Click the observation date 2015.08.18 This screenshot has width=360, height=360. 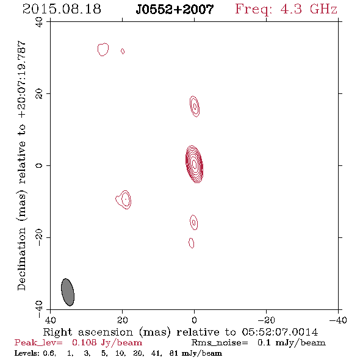pyautogui.click(x=62, y=9)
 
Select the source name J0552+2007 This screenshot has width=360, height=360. pyautogui.click(x=175, y=9)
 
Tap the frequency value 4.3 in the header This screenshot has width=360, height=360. pyautogui.click(x=291, y=9)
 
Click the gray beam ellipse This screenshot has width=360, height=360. pyautogui.click(x=68, y=292)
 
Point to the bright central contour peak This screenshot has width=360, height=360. pyautogui.click(x=194, y=164)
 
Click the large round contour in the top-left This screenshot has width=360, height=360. pyautogui.click(x=103, y=49)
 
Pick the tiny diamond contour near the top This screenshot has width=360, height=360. pyautogui.click(x=123, y=51)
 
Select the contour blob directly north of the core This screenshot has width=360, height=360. pyautogui.click(x=195, y=106)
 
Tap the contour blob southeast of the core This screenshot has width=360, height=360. pyautogui.click(x=124, y=200)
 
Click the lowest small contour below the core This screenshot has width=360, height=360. pyautogui.click(x=191, y=243)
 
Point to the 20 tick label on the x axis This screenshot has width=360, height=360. pyautogui.click(x=122, y=320)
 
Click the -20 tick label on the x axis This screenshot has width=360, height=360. pyautogui.click(x=266, y=320)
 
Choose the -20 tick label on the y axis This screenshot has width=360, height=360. pyautogui.click(x=39, y=237)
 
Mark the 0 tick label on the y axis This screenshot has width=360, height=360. pyautogui.click(x=39, y=165)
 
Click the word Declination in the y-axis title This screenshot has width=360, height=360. pyautogui.click(x=21, y=259)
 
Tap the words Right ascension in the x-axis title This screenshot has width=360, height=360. pyautogui.click(x=88, y=332)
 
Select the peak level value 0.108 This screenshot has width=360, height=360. pyautogui.click(x=84, y=342)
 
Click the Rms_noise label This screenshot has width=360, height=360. pyautogui.click(x=220, y=342)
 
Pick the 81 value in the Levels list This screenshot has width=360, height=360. pyautogui.click(x=174, y=353)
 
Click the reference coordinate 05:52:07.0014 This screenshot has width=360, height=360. pyautogui.click(x=280, y=332)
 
